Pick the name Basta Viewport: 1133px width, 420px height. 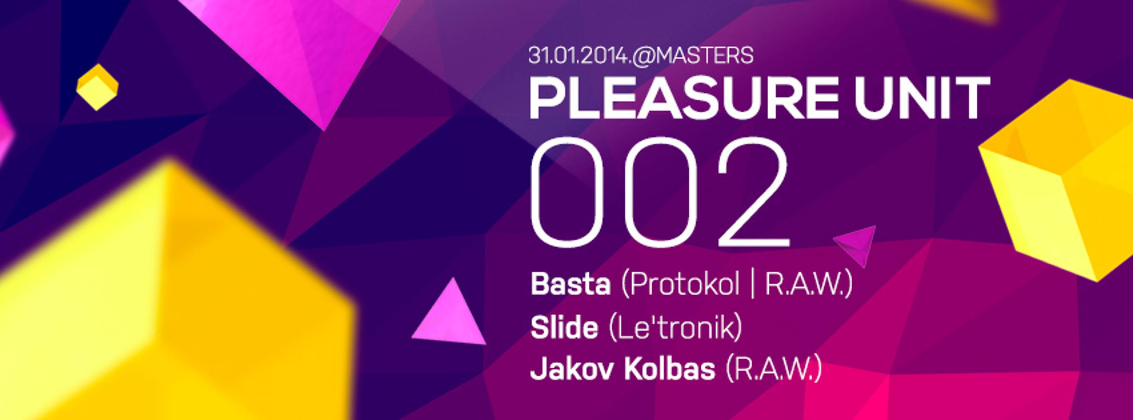point(570,285)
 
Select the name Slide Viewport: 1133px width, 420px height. point(564,328)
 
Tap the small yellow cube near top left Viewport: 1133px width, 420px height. point(97,87)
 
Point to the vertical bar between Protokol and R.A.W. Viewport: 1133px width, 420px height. point(753,285)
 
